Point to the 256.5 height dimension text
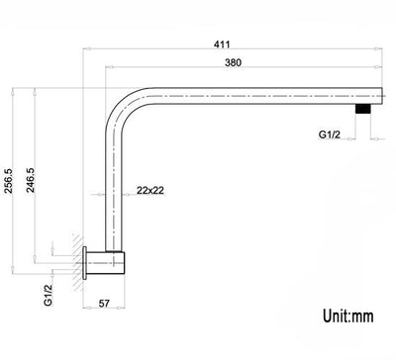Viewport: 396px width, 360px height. click(10, 181)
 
